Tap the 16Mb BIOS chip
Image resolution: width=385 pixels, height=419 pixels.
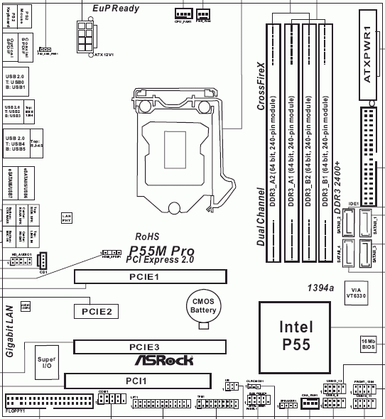coord(367,344)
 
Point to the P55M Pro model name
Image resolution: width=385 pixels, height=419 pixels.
coord(161,251)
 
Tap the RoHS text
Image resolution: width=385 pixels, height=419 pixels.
coord(148,236)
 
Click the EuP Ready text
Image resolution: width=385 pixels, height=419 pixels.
coord(116,9)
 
